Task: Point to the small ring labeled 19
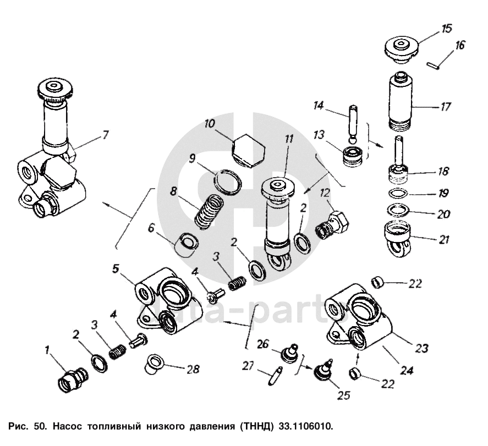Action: coord(399,194)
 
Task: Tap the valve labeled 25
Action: coord(321,372)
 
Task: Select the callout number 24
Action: coord(406,370)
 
